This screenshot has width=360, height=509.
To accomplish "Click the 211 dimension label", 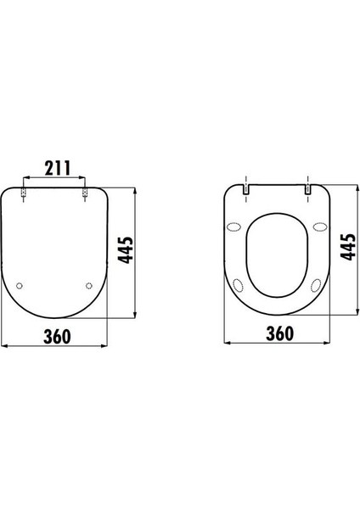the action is click(58, 168).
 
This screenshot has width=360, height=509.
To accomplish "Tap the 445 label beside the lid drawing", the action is click(126, 250).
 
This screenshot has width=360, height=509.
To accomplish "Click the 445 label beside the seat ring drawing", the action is click(347, 247).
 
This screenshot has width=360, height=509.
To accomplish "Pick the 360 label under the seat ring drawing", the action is click(279, 333).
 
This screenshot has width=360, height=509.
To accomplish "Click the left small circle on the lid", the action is click(20, 286).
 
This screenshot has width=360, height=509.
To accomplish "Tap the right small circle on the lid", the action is click(89, 286).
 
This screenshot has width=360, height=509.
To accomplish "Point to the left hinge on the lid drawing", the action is click(24, 193).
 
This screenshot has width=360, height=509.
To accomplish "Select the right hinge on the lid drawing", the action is click(85, 193).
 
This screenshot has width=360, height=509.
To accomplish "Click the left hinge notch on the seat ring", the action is click(246, 189).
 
